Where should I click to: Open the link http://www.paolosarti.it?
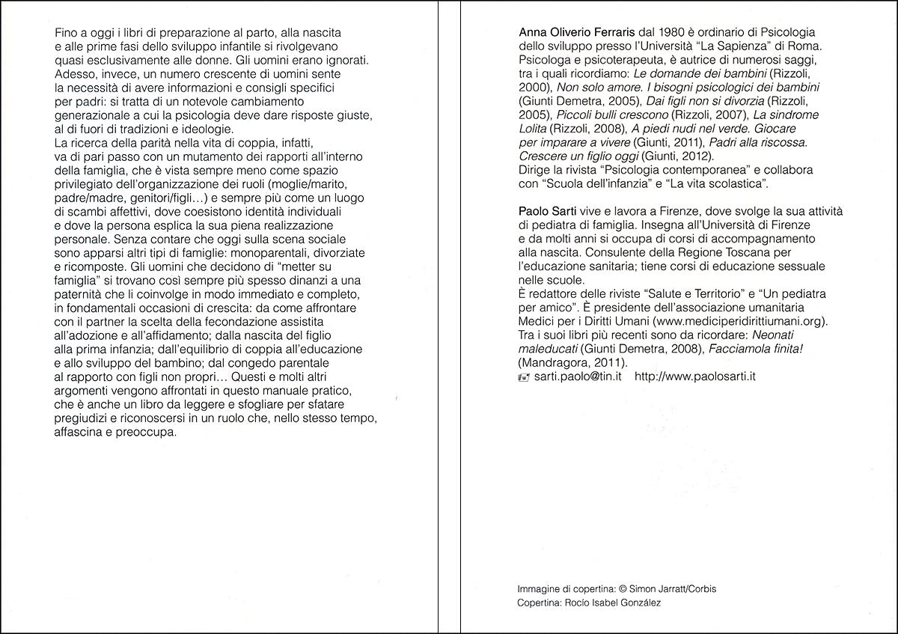694,377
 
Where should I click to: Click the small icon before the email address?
523,377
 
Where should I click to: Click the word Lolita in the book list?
532,128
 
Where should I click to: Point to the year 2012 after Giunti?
699,156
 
